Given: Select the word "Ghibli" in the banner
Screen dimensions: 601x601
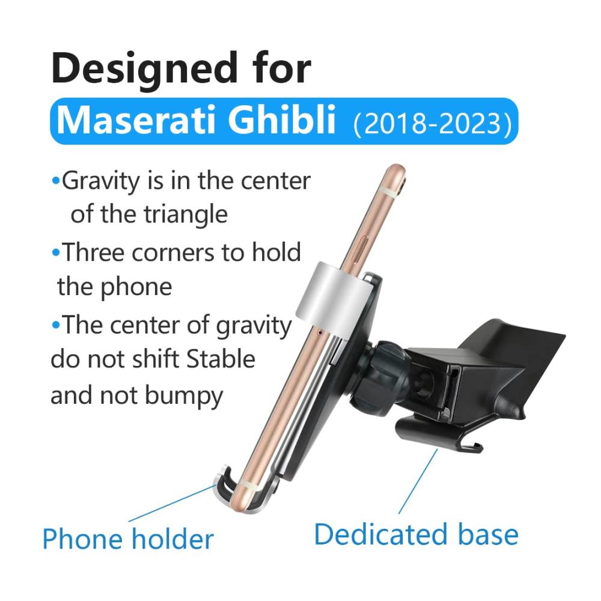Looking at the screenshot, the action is click(x=282, y=120).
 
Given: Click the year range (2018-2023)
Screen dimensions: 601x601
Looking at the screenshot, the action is click(x=432, y=123).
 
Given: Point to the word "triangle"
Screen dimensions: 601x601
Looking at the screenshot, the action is click(x=186, y=215).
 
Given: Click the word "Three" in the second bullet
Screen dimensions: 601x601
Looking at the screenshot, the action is click(x=93, y=252).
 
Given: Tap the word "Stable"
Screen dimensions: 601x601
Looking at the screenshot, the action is click(x=221, y=359).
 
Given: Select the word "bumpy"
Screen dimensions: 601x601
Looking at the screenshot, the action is click(x=185, y=396).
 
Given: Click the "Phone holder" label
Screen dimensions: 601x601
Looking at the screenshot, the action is click(x=127, y=539).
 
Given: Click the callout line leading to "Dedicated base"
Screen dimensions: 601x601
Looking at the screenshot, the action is click(x=418, y=481).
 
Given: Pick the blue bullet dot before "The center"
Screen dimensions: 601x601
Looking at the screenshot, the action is click(x=55, y=325).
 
